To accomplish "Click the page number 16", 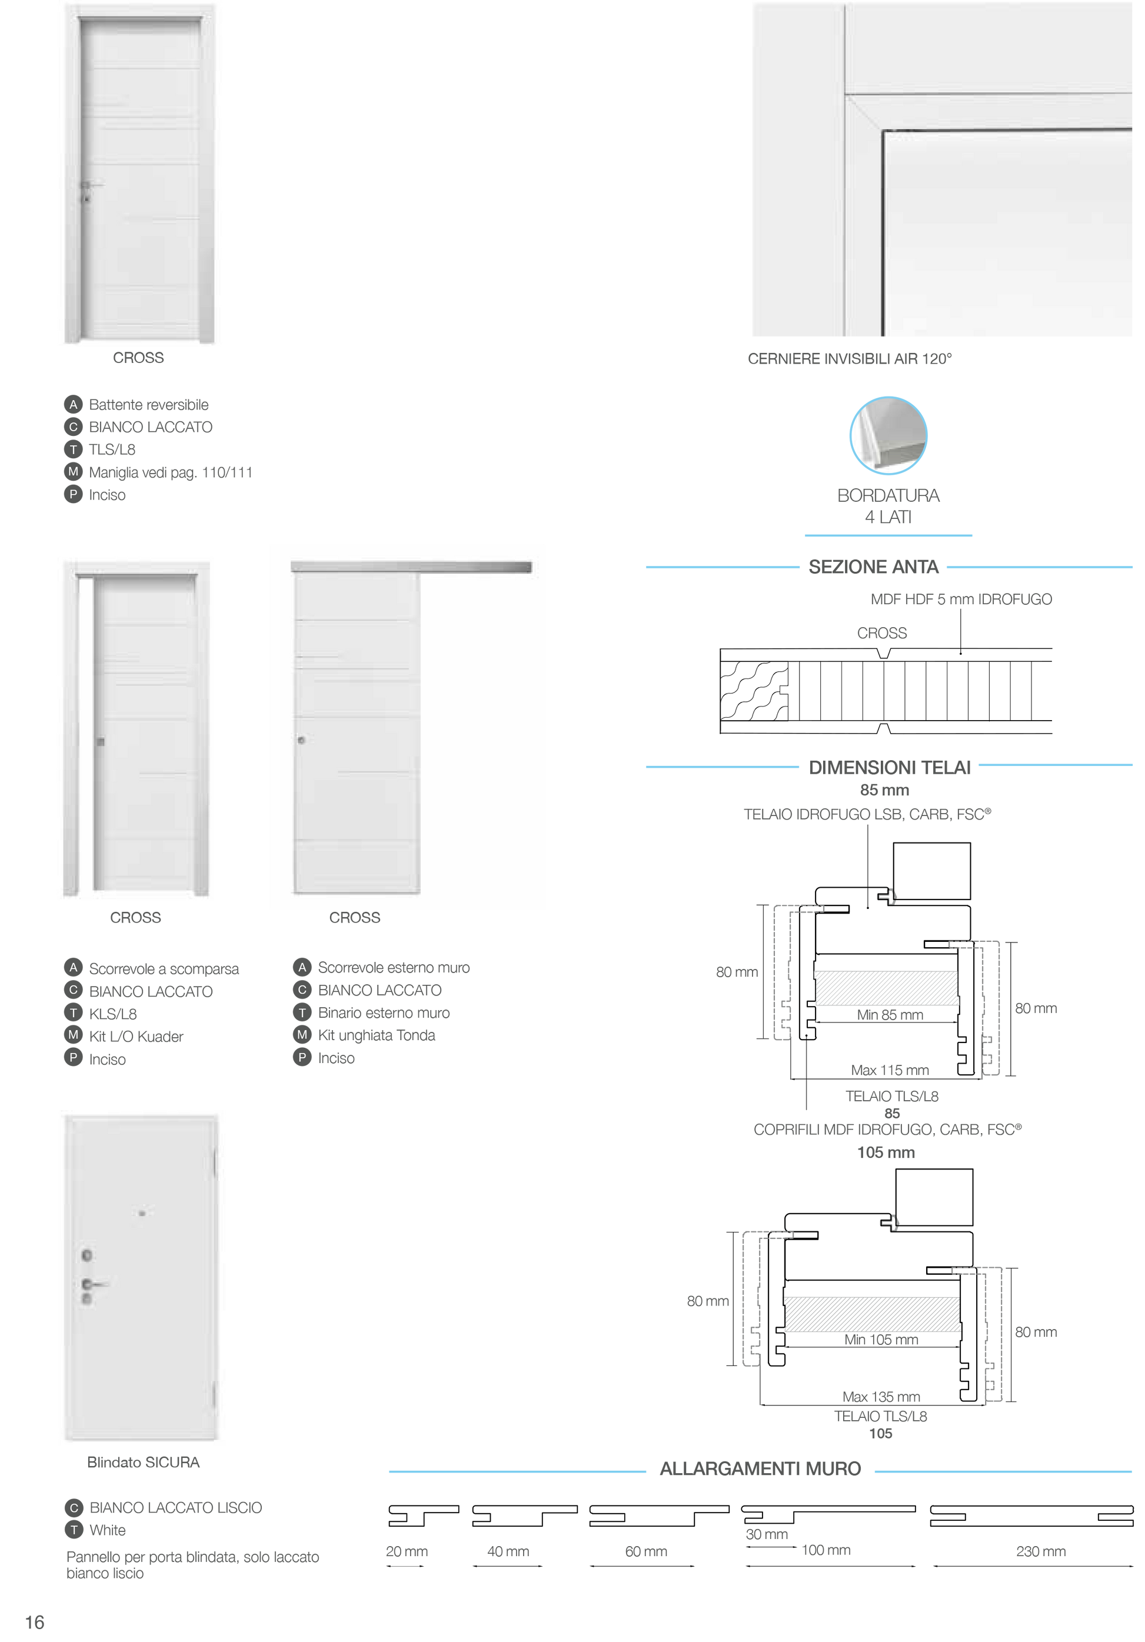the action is [x=34, y=1622].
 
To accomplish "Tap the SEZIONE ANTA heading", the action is [x=873, y=567].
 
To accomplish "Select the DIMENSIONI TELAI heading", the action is [x=889, y=767].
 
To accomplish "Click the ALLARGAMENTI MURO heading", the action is [x=760, y=1468].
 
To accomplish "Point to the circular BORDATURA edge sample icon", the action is [x=888, y=435].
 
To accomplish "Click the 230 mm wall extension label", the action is [x=1041, y=1551].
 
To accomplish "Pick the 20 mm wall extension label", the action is [x=406, y=1551].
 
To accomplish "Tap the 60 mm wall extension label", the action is [x=646, y=1551].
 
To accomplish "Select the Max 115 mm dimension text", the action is [x=890, y=1070].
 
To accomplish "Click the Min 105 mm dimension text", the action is [x=881, y=1340].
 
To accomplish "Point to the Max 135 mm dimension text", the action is [x=881, y=1397].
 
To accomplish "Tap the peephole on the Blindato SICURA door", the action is [x=142, y=1213].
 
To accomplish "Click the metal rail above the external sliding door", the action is [x=411, y=567].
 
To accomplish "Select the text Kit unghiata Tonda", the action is [x=376, y=1035].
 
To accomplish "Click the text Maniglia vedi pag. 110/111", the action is [x=170, y=472].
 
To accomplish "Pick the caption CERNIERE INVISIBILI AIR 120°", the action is [x=850, y=359].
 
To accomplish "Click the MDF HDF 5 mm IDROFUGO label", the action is [x=961, y=599].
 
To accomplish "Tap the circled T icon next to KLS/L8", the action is [x=73, y=1012].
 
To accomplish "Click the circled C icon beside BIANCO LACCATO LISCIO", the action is [x=74, y=1507].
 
